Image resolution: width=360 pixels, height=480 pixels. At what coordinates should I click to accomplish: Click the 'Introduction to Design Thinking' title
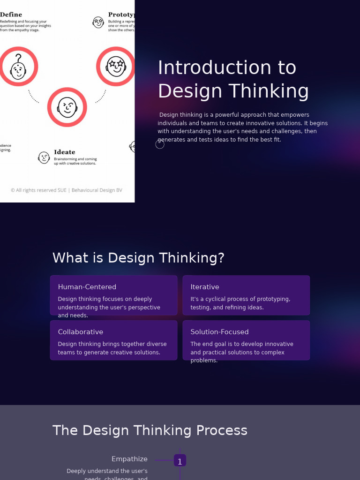point(233,79)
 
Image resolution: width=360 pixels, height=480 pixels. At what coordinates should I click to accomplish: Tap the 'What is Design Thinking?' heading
point(138,258)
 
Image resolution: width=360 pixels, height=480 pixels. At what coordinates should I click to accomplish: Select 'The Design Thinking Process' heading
point(150,430)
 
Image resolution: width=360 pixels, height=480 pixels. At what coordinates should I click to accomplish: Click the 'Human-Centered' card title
point(87,287)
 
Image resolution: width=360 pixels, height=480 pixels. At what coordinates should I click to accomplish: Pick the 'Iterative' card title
point(205,287)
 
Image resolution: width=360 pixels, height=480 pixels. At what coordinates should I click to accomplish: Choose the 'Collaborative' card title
point(81,332)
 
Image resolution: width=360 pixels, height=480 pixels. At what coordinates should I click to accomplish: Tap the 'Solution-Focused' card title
point(219,332)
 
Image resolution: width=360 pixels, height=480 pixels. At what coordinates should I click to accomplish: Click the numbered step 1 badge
point(180,461)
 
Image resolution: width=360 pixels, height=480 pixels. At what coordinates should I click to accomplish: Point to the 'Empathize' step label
point(129,459)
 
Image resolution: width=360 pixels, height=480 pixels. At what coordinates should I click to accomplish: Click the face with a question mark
point(18,67)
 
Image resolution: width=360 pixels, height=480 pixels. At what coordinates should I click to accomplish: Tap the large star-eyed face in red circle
point(116,67)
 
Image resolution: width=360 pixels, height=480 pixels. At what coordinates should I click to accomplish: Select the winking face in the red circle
point(67,107)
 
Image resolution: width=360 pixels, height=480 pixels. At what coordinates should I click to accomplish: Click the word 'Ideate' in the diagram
point(64,152)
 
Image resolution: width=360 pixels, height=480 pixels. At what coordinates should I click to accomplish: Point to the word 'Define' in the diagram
point(11,15)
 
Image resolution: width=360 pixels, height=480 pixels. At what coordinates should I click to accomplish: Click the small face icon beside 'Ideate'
point(44,157)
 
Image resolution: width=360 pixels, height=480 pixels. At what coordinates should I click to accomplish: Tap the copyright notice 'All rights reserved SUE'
point(66,190)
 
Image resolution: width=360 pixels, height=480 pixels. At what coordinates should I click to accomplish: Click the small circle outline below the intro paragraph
point(160,144)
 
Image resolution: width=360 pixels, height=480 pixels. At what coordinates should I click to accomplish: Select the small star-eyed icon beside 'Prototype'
point(98,22)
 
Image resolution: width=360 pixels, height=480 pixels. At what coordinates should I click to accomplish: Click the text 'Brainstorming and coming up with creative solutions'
point(75,161)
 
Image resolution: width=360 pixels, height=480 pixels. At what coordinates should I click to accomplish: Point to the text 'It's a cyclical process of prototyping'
point(240,299)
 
